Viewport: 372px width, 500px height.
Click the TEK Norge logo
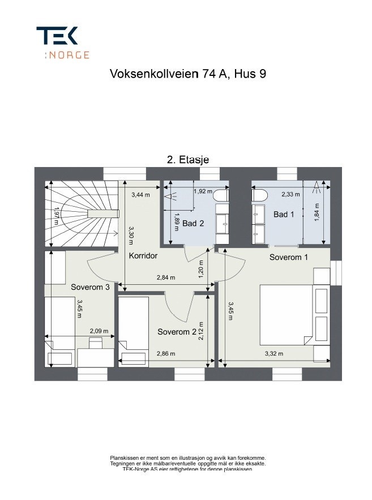62,42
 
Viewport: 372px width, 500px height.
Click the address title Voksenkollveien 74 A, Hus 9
187,74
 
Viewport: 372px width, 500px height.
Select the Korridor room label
143,256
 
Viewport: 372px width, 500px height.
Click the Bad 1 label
284,215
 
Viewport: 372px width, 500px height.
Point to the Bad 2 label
193,224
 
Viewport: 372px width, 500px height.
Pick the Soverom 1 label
288,257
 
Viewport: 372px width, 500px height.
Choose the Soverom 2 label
177,331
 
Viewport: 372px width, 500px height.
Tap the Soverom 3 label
90,287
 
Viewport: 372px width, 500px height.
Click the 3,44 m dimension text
140,195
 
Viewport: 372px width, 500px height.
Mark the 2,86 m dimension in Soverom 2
166,353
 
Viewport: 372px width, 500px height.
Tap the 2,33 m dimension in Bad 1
292,195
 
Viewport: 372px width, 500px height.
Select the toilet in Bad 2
221,195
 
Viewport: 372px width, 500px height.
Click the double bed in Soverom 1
286,314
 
